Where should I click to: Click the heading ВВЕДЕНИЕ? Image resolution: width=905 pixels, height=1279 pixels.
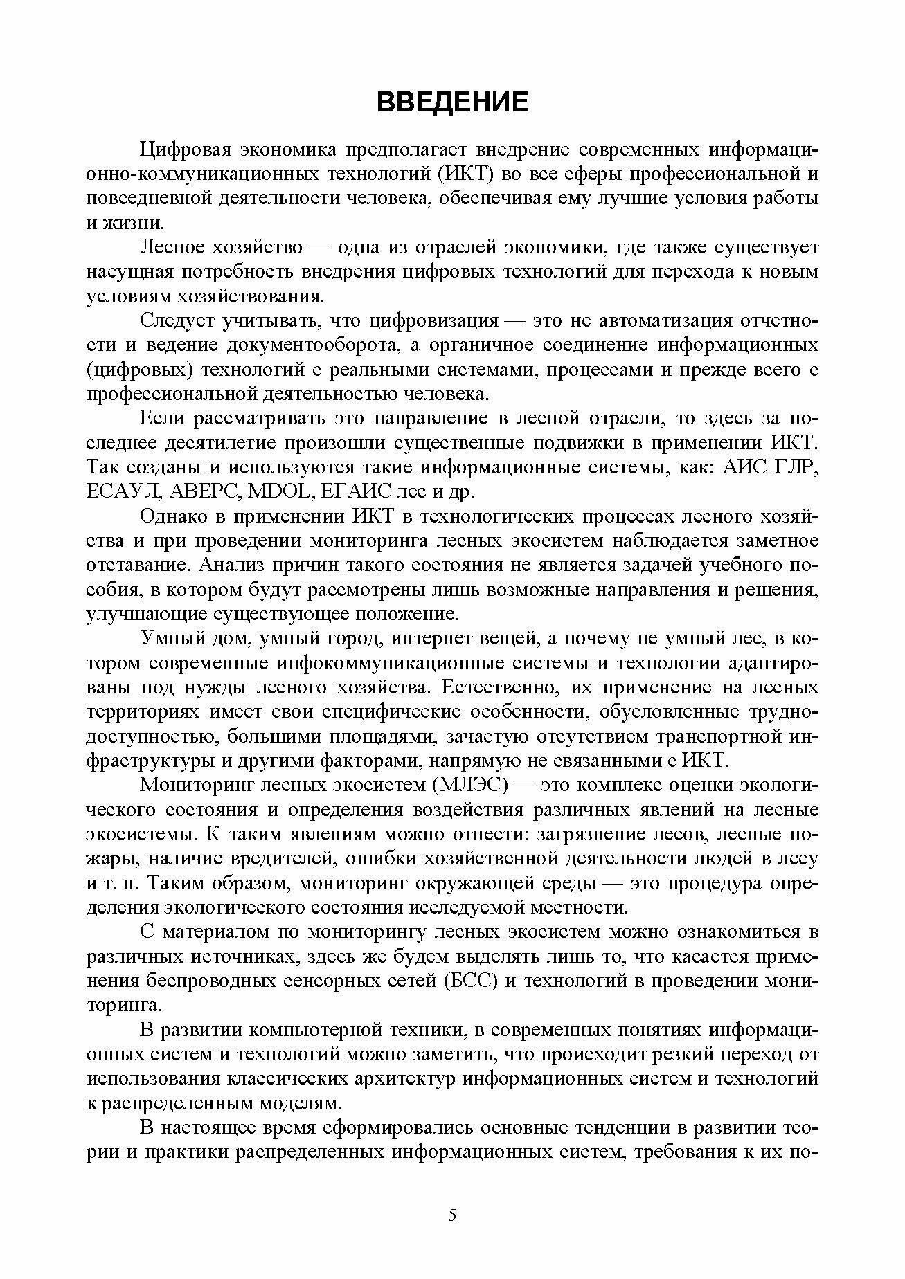click(x=452, y=102)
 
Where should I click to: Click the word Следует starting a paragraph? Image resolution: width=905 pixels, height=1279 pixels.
click(x=177, y=320)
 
